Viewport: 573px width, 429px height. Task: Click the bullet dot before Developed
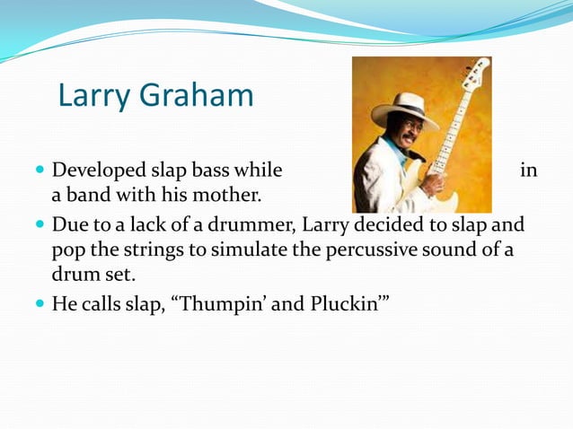pos(40,171)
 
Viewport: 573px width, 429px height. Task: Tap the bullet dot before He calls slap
pos(40,304)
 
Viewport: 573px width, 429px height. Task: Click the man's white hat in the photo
pos(401,107)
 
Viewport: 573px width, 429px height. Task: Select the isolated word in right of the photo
pos(528,171)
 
